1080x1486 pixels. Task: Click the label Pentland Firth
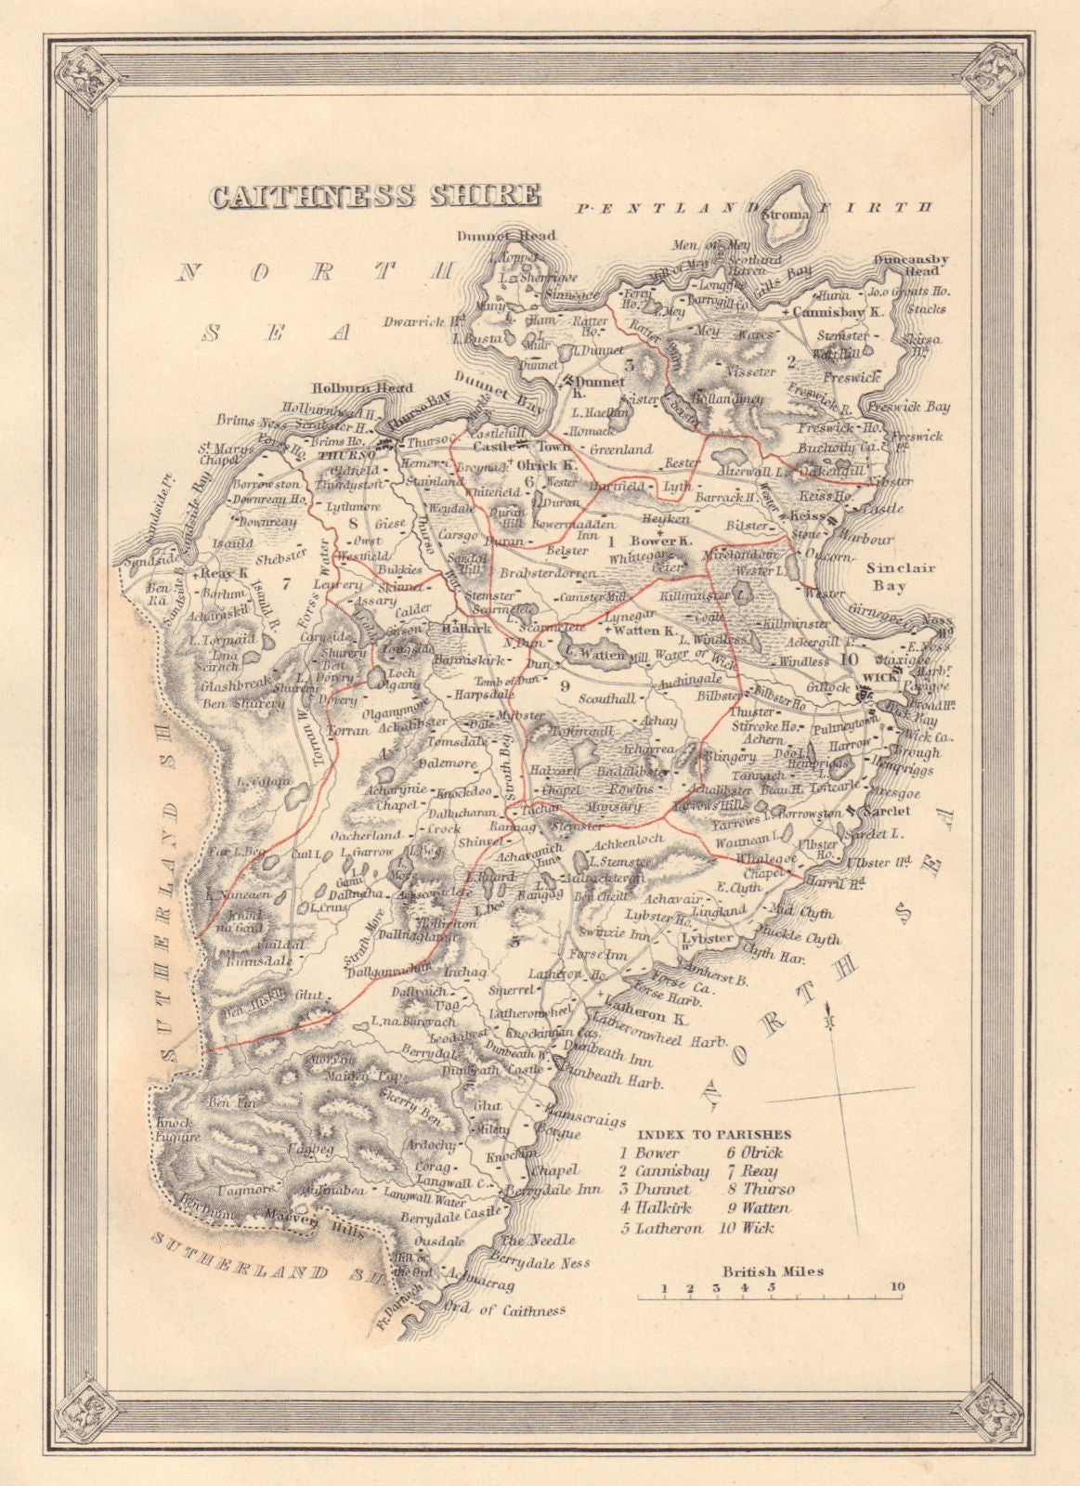pyautogui.click(x=752, y=208)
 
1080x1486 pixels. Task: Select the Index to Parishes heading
pyautogui.click(x=715, y=1134)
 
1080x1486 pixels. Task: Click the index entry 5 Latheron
pyautogui.click(x=659, y=1227)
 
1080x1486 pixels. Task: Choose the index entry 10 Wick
pyautogui.click(x=746, y=1227)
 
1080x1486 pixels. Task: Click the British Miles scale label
pyautogui.click(x=773, y=1271)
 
